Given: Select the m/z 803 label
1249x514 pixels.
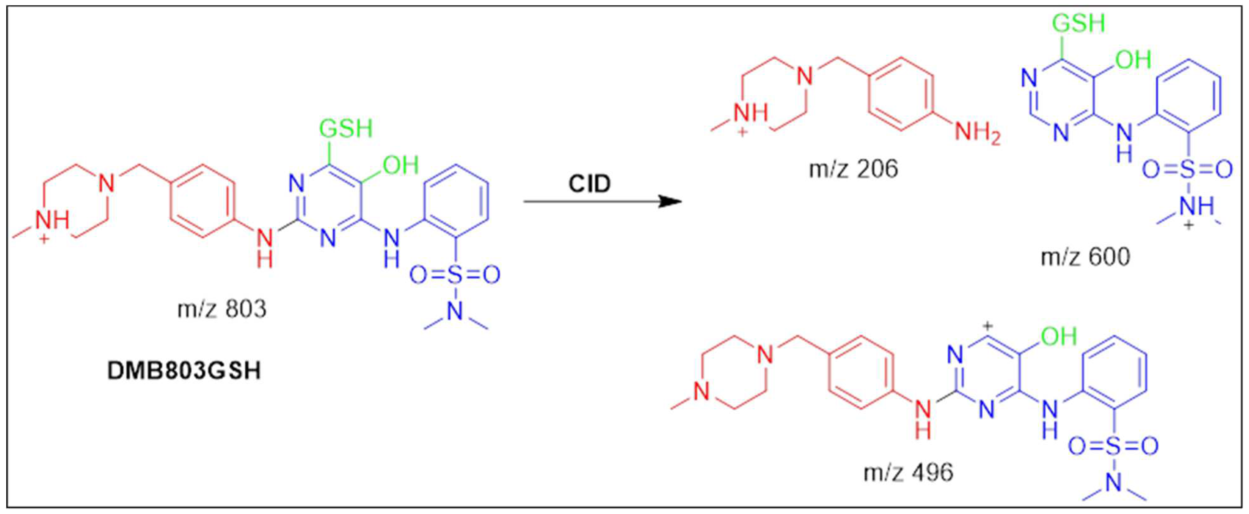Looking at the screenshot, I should point(222,309).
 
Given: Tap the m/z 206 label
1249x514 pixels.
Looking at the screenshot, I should point(853,169).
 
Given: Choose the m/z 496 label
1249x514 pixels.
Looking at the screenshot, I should point(908,472).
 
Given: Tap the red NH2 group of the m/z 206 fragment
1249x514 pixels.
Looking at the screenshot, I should point(977,132).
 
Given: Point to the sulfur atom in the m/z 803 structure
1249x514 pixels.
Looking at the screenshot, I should point(455,275).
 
